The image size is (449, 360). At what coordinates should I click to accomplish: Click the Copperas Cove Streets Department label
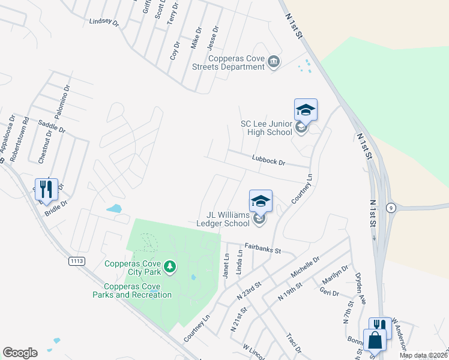[237, 62]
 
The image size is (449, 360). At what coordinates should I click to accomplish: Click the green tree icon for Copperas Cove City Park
[170, 265]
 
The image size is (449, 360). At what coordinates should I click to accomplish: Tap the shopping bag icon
[375, 340]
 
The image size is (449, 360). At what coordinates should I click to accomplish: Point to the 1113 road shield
[76, 261]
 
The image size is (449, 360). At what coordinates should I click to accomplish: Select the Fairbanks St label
[262, 247]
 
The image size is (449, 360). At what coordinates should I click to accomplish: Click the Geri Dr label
[330, 293]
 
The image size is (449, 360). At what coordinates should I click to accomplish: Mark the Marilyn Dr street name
[336, 277]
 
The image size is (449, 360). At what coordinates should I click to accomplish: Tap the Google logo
[20, 353]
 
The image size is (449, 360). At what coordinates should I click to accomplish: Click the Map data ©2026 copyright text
[423, 355]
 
